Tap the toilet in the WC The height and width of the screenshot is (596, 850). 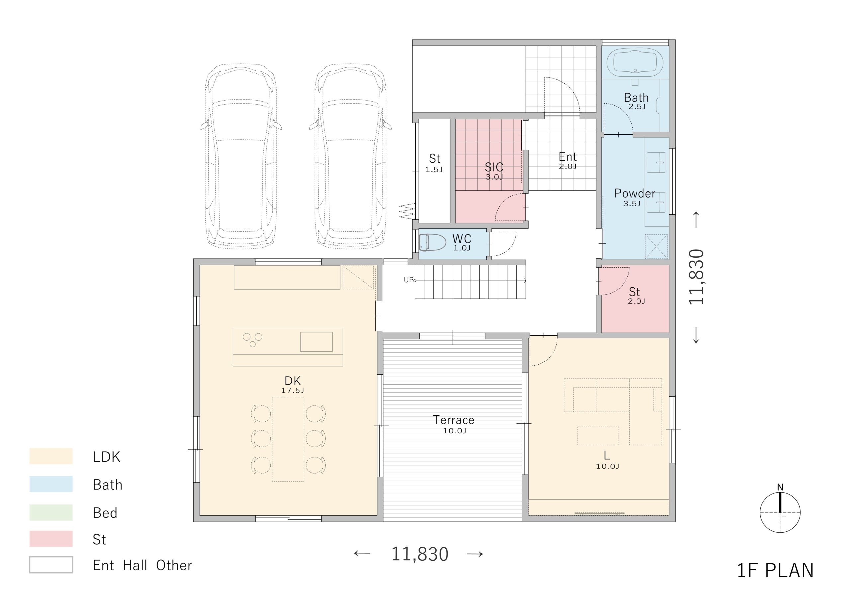point(432,242)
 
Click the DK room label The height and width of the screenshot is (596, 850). point(293,381)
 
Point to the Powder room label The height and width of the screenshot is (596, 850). point(635,193)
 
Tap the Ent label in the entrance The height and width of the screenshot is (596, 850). point(568,157)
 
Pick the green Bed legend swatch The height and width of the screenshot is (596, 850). point(51,512)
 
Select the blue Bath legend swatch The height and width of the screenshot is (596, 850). point(51,484)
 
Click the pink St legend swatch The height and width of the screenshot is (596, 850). point(51,539)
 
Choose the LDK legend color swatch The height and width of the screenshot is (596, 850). point(51,456)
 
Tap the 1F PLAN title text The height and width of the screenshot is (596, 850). point(776,570)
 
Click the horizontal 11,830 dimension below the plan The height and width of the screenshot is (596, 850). point(419,554)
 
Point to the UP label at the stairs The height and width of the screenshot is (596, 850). point(409,280)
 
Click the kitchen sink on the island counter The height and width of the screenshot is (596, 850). point(316,342)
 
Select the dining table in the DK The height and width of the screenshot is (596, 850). point(288,439)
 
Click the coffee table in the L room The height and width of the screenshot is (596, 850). point(598,436)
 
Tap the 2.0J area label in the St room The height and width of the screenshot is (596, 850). point(636,301)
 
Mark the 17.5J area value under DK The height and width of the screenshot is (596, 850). point(293,390)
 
